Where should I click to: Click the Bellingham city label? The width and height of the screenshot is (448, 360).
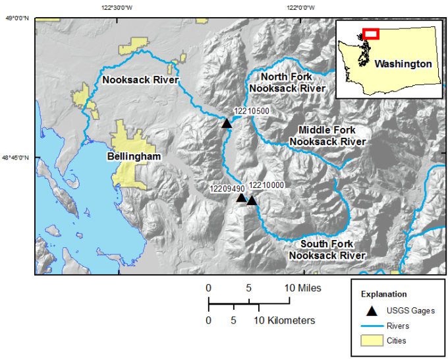pyautogui.click(x=134, y=157)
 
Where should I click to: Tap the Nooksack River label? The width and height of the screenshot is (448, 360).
pyautogui.click(x=140, y=80)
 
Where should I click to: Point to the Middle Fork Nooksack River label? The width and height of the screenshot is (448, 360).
pyautogui.click(x=327, y=136)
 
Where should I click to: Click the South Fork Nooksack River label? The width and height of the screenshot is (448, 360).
pyautogui.click(x=327, y=250)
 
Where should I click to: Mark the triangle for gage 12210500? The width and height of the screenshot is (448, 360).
pyautogui.click(x=227, y=123)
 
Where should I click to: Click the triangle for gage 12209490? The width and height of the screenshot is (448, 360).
pyautogui.click(x=241, y=198)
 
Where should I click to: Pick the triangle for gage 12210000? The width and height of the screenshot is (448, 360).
pyautogui.click(x=252, y=200)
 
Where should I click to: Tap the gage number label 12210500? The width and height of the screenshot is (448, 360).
pyautogui.click(x=252, y=111)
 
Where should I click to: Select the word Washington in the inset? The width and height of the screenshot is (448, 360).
pyautogui.click(x=403, y=64)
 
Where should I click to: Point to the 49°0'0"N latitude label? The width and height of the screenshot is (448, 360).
pyautogui.click(x=18, y=19)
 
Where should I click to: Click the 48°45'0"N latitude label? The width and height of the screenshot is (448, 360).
pyautogui.click(x=16, y=158)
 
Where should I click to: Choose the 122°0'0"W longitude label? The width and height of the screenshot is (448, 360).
pyautogui.click(x=300, y=8)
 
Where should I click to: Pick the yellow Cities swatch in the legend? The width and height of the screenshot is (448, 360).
pyautogui.click(x=372, y=341)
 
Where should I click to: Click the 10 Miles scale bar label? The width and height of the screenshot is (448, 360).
pyautogui.click(x=304, y=288)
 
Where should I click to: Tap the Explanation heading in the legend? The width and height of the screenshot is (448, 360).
pyautogui.click(x=383, y=294)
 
